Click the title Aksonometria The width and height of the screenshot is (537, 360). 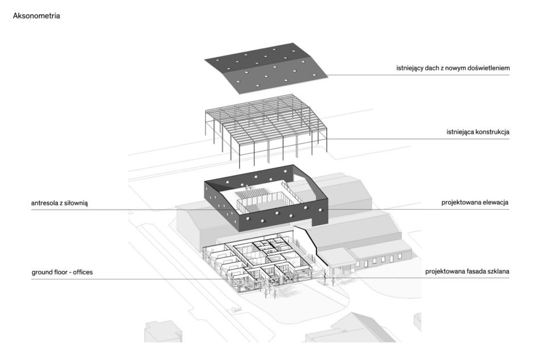[36, 16]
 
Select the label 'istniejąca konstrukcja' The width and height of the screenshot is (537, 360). [478, 132]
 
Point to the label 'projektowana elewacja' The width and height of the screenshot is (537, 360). [475, 202]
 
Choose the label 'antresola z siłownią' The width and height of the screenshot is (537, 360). [59, 204]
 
